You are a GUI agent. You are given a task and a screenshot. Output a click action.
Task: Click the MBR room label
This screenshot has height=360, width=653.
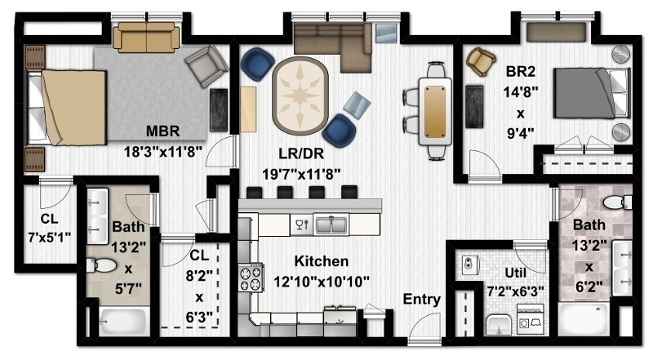click(162, 131)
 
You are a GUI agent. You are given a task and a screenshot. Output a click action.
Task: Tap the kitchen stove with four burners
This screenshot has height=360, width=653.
click(251, 278)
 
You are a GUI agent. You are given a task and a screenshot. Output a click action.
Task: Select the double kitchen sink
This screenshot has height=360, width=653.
click(331, 224)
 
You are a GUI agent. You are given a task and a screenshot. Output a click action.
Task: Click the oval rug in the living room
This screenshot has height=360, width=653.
click(300, 96)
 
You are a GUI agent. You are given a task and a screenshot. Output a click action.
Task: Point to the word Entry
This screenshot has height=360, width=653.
click(421, 299)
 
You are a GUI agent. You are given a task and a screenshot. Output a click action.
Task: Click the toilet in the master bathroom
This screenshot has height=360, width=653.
click(100, 265)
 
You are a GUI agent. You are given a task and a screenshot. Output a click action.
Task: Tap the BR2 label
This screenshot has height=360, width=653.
click(520, 72)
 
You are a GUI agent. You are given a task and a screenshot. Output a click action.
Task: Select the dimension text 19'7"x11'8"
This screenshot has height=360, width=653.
click(301, 174)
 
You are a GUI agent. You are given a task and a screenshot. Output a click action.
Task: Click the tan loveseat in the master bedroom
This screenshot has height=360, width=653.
click(146, 37)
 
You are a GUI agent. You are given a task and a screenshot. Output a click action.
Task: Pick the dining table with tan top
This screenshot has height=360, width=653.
click(435, 111)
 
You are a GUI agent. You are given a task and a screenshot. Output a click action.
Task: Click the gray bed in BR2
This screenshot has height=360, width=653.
click(590, 93)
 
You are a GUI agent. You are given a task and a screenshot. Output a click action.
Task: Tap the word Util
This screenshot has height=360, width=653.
click(515, 273)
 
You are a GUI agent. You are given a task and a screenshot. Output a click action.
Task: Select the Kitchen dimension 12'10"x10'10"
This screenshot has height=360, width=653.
click(321, 282)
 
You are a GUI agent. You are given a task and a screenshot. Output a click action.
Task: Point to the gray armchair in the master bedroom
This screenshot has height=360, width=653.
click(207, 66)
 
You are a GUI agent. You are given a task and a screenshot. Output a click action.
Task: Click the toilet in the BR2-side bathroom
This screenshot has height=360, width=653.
click(617, 202)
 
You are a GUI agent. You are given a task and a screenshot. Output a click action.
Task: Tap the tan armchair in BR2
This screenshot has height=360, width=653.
click(481, 62)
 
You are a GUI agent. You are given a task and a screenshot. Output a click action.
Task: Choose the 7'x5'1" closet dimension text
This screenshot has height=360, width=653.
click(49, 238)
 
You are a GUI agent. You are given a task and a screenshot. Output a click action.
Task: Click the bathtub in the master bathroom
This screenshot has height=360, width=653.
click(123, 322)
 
